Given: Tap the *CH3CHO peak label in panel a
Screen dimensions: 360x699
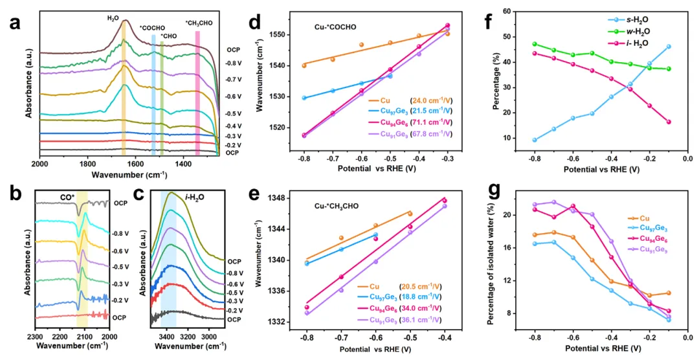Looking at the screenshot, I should click(x=199, y=23).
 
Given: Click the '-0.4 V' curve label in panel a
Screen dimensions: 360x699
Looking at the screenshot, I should click(x=234, y=126).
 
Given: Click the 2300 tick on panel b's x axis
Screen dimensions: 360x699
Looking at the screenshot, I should click(x=36, y=337).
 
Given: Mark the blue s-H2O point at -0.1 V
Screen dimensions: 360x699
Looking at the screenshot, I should click(x=669, y=47).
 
